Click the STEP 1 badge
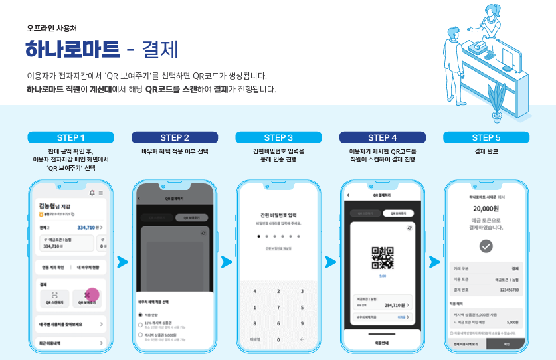tap(70, 137)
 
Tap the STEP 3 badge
tap(278, 137)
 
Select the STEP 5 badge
tap(486, 137)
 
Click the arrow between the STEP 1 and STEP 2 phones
tap(122, 262)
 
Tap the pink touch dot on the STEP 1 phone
tap(92, 294)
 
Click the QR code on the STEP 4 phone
tap(382, 257)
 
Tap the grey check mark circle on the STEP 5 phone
tap(486, 246)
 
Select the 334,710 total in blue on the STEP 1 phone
tap(90, 227)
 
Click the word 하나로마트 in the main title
tap(72, 49)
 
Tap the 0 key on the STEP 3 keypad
tap(278, 339)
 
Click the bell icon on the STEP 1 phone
tap(92, 193)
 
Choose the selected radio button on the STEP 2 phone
tap(140, 314)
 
